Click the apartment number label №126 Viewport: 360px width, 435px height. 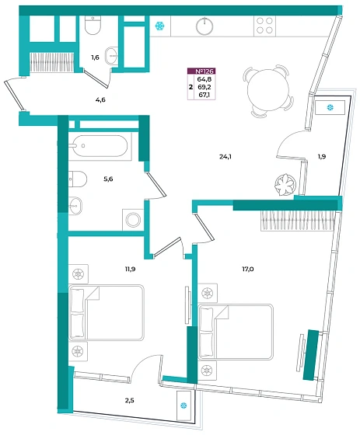click(204, 71)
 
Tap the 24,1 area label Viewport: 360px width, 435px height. click(225, 157)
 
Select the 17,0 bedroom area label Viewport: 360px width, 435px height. click(247, 269)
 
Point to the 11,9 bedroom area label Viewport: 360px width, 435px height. click(130, 269)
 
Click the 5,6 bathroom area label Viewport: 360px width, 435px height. click(108, 179)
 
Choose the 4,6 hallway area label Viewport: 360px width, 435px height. click(100, 100)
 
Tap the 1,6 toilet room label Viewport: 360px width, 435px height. click(95, 57)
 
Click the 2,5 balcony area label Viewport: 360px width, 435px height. click(129, 400)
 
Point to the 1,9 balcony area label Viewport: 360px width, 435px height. click(322, 157)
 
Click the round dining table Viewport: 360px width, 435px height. click(268, 91)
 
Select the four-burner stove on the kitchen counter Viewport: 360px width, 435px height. click(264, 26)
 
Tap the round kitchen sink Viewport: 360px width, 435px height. click(204, 26)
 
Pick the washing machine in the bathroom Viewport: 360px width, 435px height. click(133, 220)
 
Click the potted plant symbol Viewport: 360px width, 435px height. click(285, 184)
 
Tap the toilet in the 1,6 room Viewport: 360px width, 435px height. click(93, 25)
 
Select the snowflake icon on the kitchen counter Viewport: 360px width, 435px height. click(159, 26)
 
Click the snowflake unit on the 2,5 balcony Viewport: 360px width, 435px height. click(184, 405)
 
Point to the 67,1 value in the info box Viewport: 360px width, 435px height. click(204, 95)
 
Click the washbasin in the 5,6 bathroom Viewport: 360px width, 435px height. click(75, 206)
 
